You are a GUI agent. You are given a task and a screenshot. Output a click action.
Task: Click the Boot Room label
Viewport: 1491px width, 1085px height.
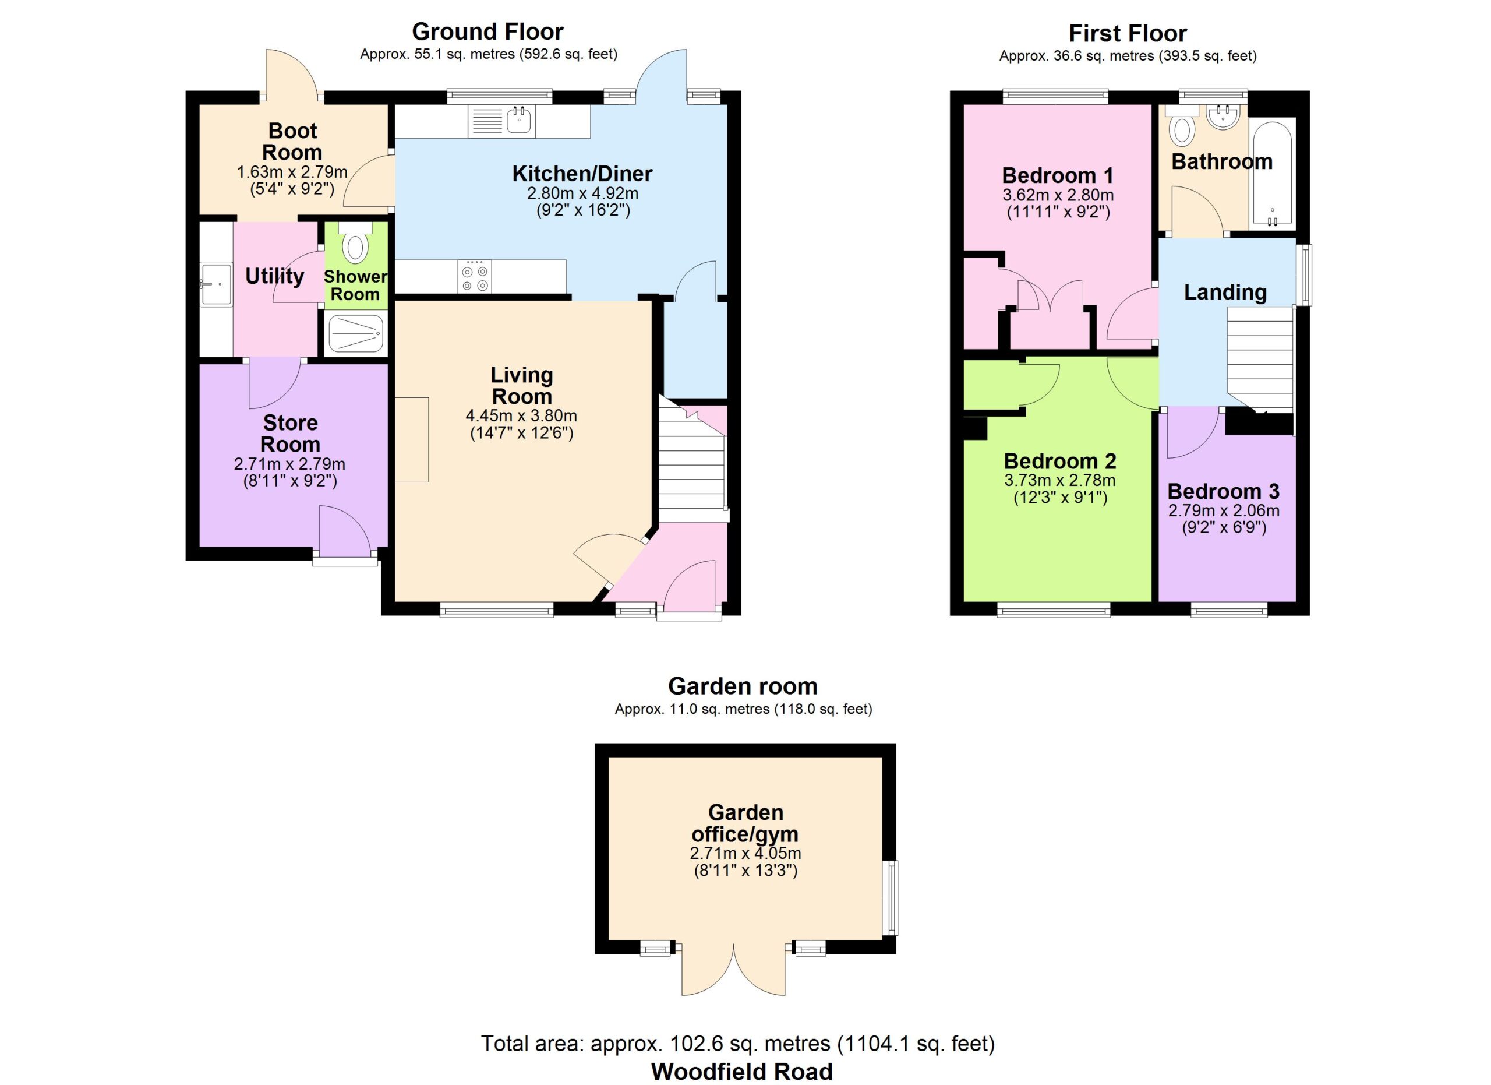(292, 142)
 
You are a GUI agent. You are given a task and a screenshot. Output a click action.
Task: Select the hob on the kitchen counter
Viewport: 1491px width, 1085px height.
(475, 277)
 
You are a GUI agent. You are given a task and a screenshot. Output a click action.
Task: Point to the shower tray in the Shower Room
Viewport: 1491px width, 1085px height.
(356, 334)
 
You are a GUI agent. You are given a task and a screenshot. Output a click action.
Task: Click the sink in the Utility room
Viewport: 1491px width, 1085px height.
(216, 284)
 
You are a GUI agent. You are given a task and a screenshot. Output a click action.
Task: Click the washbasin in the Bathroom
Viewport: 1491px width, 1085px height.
(1223, 117)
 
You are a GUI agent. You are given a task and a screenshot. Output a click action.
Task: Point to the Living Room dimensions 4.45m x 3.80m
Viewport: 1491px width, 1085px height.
(521, 415)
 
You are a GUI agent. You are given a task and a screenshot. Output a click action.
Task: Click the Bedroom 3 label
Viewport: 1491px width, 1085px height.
(1224, 491)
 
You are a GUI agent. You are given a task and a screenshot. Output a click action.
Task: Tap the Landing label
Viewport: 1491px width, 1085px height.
(1225, 292)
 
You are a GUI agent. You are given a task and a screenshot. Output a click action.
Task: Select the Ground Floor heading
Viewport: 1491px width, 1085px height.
(488, 31)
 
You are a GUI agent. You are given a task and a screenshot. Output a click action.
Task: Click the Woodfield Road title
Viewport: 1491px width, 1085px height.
(741, 1072)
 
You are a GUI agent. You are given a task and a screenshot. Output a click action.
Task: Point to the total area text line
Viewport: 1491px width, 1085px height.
(737, 1044)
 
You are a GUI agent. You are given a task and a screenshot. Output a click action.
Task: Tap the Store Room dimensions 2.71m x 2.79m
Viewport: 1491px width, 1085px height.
(289, 464)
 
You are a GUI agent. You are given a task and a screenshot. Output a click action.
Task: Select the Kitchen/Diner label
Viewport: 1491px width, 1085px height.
(582, 174)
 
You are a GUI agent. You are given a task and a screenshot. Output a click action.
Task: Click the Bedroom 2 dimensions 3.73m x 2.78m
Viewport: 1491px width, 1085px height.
(1060, 481)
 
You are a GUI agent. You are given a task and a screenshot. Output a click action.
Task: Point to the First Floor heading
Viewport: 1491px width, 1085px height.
(1128, 33)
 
